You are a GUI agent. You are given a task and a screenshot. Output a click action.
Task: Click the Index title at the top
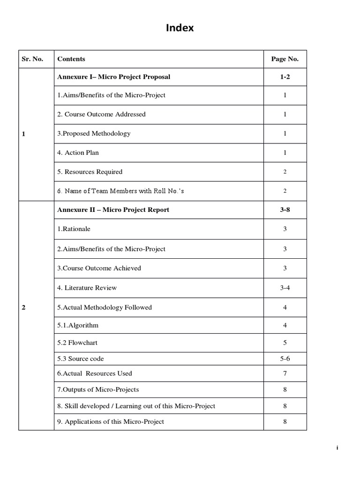[180, 29]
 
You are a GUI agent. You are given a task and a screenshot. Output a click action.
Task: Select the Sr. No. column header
[32, 59]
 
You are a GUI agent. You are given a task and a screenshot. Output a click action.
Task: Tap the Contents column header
[71, 59]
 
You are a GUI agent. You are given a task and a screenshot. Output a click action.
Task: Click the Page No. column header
[285, 59]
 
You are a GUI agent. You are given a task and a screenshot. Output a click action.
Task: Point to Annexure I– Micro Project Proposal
[113, 77]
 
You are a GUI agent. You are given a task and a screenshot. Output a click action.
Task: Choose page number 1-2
[285, 77]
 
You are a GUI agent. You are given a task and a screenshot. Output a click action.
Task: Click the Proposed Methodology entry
[94, 134]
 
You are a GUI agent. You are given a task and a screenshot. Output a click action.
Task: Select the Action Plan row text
[78, 153]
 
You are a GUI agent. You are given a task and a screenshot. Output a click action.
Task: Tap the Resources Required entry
[90, 172]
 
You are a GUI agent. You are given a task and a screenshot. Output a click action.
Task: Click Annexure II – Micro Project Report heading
[113, 210]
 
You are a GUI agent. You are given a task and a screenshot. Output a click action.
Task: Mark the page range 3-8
[285, 210]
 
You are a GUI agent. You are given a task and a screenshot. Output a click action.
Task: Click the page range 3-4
[285, 288]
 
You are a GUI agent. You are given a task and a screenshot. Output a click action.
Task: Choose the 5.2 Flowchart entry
[77, 343]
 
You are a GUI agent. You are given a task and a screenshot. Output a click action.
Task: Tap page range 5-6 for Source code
[285, 359]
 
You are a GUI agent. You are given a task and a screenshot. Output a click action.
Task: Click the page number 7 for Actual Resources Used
[285, 374]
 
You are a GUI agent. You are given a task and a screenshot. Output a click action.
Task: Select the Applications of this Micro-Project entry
[111, 422]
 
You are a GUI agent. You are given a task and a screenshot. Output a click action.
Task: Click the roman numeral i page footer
[337, 448]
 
